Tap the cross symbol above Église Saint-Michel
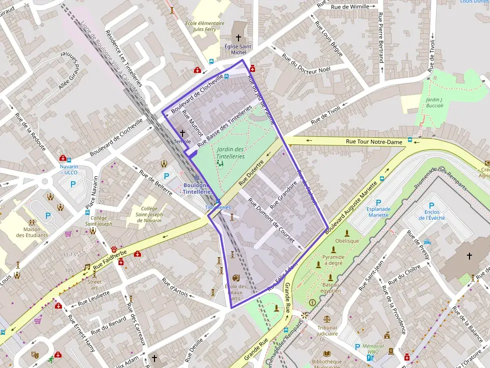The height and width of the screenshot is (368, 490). [238, 37]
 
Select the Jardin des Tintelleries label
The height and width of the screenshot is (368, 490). [230, 153]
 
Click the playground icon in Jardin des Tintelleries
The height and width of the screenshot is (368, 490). [219, 163]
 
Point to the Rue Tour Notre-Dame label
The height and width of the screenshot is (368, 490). [374, 142]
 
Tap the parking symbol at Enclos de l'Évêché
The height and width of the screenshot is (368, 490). [431, 205]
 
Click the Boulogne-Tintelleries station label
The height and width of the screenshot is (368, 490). [198, 189]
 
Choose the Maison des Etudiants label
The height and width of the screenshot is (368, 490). [32, 232]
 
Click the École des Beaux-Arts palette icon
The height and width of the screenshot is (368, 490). [235, 278]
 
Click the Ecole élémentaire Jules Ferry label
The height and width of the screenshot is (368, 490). [204, 26]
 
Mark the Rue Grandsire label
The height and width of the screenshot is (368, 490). [283, 195]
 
